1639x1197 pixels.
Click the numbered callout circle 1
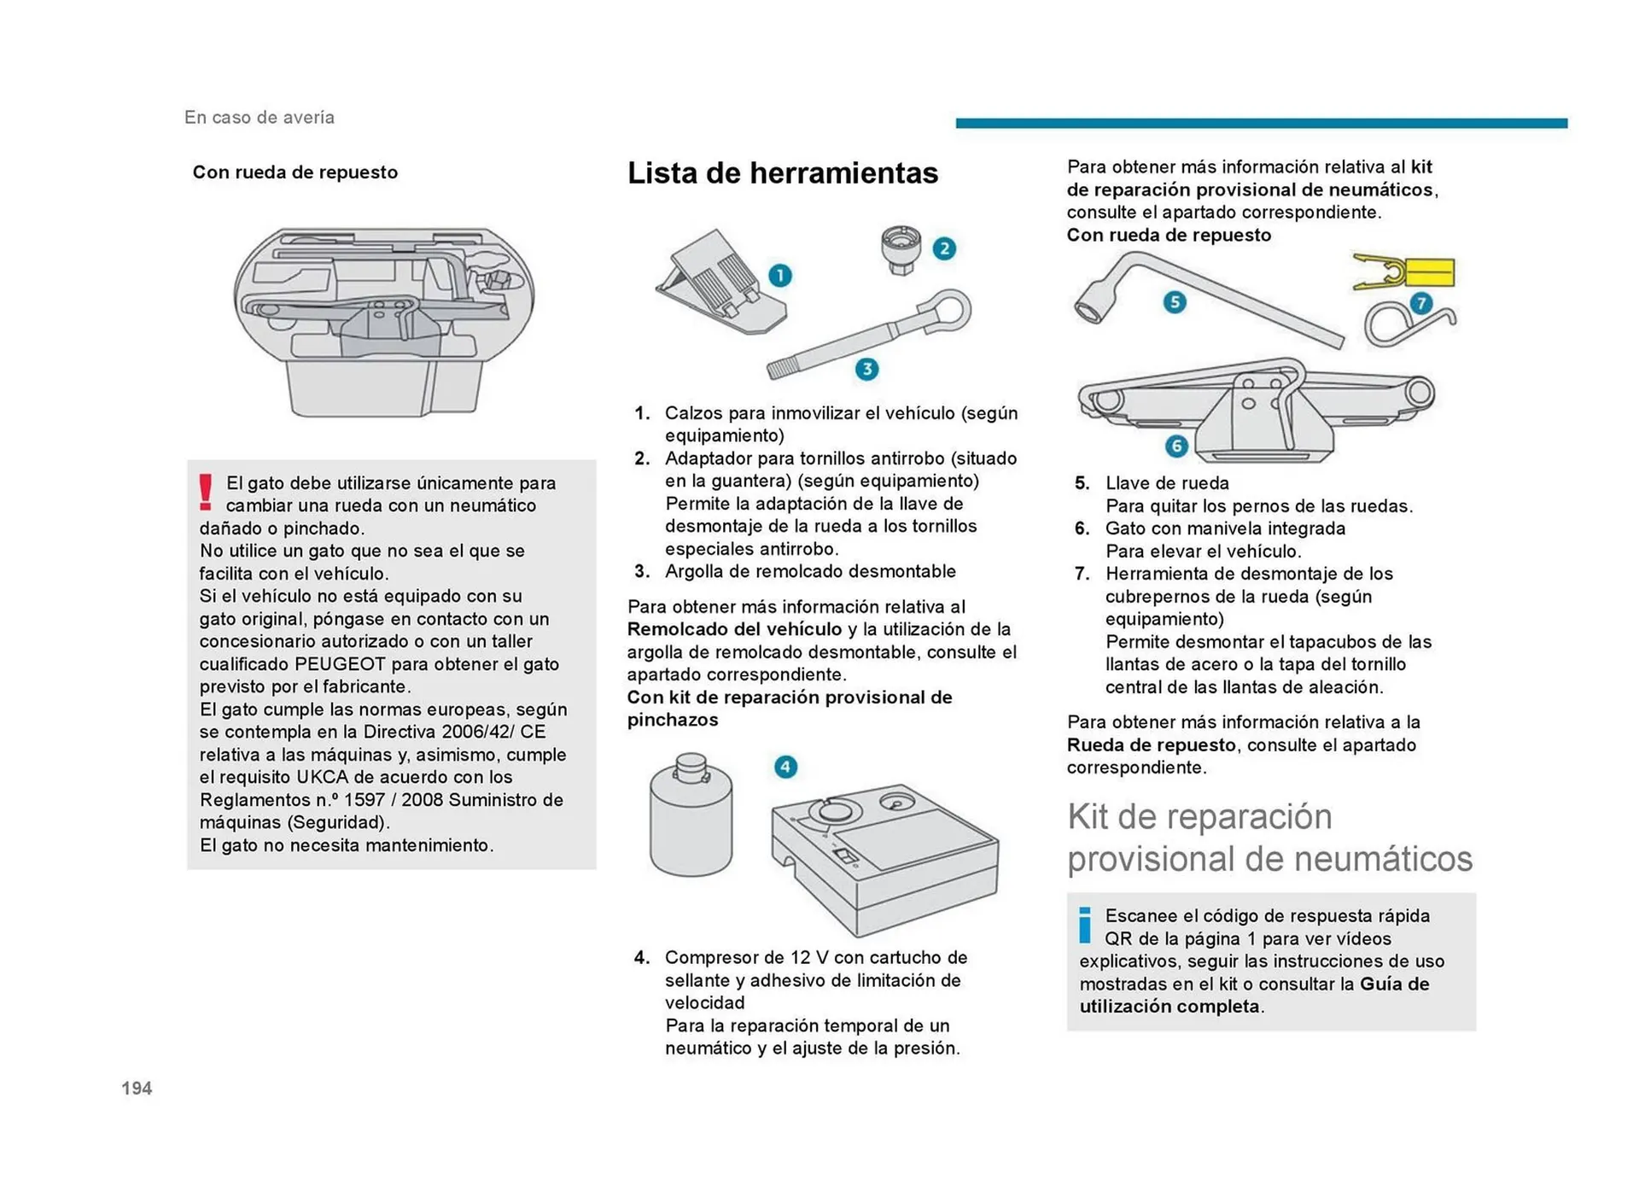point(779,276)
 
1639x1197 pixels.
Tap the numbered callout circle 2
point(943,248)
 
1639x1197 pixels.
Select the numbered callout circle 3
point(866,369)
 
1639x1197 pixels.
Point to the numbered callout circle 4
point(785,767)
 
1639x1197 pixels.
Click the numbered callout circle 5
point(1175,301)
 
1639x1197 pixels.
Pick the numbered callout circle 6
point(1176,446)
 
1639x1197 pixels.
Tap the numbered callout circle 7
point(1420,303)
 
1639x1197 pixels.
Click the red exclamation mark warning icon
point(206,493)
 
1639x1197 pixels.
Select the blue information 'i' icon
point(1085,925)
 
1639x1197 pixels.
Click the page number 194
point(137,1088)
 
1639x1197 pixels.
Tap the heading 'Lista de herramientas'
point(782,173)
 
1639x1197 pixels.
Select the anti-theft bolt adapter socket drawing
point(901,249)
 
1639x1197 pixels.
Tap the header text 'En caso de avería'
point(260,118)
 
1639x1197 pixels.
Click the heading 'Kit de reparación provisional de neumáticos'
point(1269,838)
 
